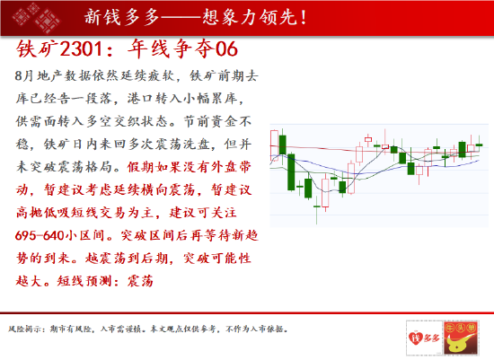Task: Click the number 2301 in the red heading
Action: (x=81, y=49)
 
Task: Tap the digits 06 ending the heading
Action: (x=226, y=49)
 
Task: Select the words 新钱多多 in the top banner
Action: (x=122, y=17)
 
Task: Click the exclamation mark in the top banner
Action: (x=304, y=17)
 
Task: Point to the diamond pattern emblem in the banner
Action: (x=37, y=18)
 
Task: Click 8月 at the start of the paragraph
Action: (x=24, y=76)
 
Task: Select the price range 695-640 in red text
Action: (x=40, y=235)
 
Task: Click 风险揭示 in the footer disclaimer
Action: (x=25, y=329)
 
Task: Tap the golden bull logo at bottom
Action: (x=462, y=338)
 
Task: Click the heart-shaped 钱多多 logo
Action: (x=424, y=338)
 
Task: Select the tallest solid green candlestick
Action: (x=291, y=172)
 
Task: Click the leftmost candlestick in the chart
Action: (x=275, y=145)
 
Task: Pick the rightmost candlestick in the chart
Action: (x=479, y=145)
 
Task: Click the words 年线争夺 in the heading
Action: (x=172, y=49)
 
